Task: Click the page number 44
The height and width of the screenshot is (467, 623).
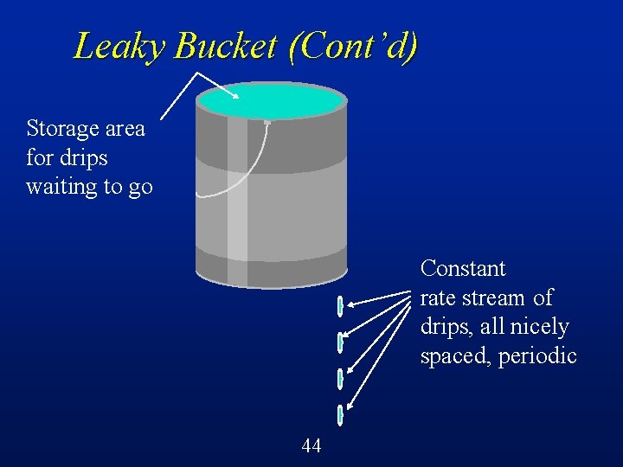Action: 311,446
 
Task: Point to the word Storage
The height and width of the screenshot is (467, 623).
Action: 62,129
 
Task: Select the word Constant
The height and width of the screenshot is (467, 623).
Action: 462,268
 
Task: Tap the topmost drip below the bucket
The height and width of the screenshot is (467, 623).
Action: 340,305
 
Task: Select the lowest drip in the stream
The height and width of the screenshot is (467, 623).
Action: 340,416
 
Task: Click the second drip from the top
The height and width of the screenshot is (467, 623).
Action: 340,342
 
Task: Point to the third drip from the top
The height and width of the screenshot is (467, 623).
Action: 340,379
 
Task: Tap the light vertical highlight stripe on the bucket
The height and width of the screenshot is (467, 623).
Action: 237,199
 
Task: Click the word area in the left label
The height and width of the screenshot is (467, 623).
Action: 125,129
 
